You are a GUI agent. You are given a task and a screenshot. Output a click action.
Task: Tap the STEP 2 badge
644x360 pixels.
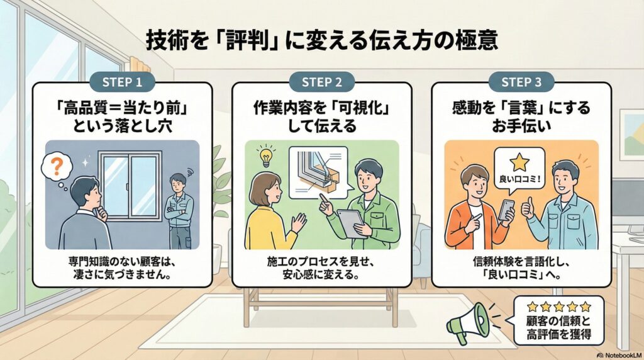click(x=322, y=82)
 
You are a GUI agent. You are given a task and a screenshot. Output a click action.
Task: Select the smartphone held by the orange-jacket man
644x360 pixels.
click(x=506, y=209)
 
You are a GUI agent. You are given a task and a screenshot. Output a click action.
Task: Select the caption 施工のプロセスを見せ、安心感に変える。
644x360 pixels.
click(x=322, y=267)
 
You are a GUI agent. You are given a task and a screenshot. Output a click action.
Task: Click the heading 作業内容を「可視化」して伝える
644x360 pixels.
click(x=322, y=116)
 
